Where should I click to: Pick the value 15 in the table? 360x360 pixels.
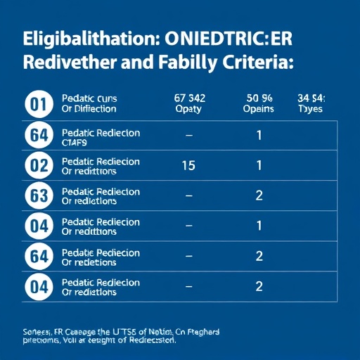188,165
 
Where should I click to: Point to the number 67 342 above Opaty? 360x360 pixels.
188,98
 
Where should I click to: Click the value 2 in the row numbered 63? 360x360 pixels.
259,195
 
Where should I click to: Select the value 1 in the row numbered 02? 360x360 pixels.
259,165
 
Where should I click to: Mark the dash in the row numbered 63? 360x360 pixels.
188,196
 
